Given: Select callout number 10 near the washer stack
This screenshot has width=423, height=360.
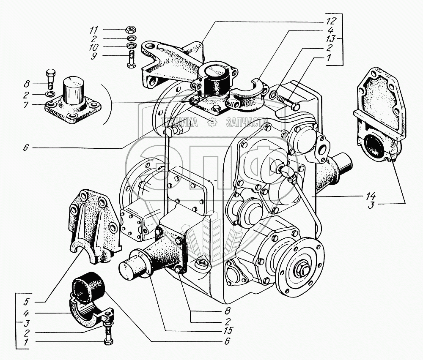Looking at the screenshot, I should pyautogui.click(x=94, y=46).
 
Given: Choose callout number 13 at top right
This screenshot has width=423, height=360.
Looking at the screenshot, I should pyautogui.click(x=330, y=38).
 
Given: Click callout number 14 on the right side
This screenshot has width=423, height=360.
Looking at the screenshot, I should pyautogui.click(x=371, y=196).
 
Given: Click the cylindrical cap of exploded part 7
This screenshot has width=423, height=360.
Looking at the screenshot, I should pyautogui.click(x=74, y=89).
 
